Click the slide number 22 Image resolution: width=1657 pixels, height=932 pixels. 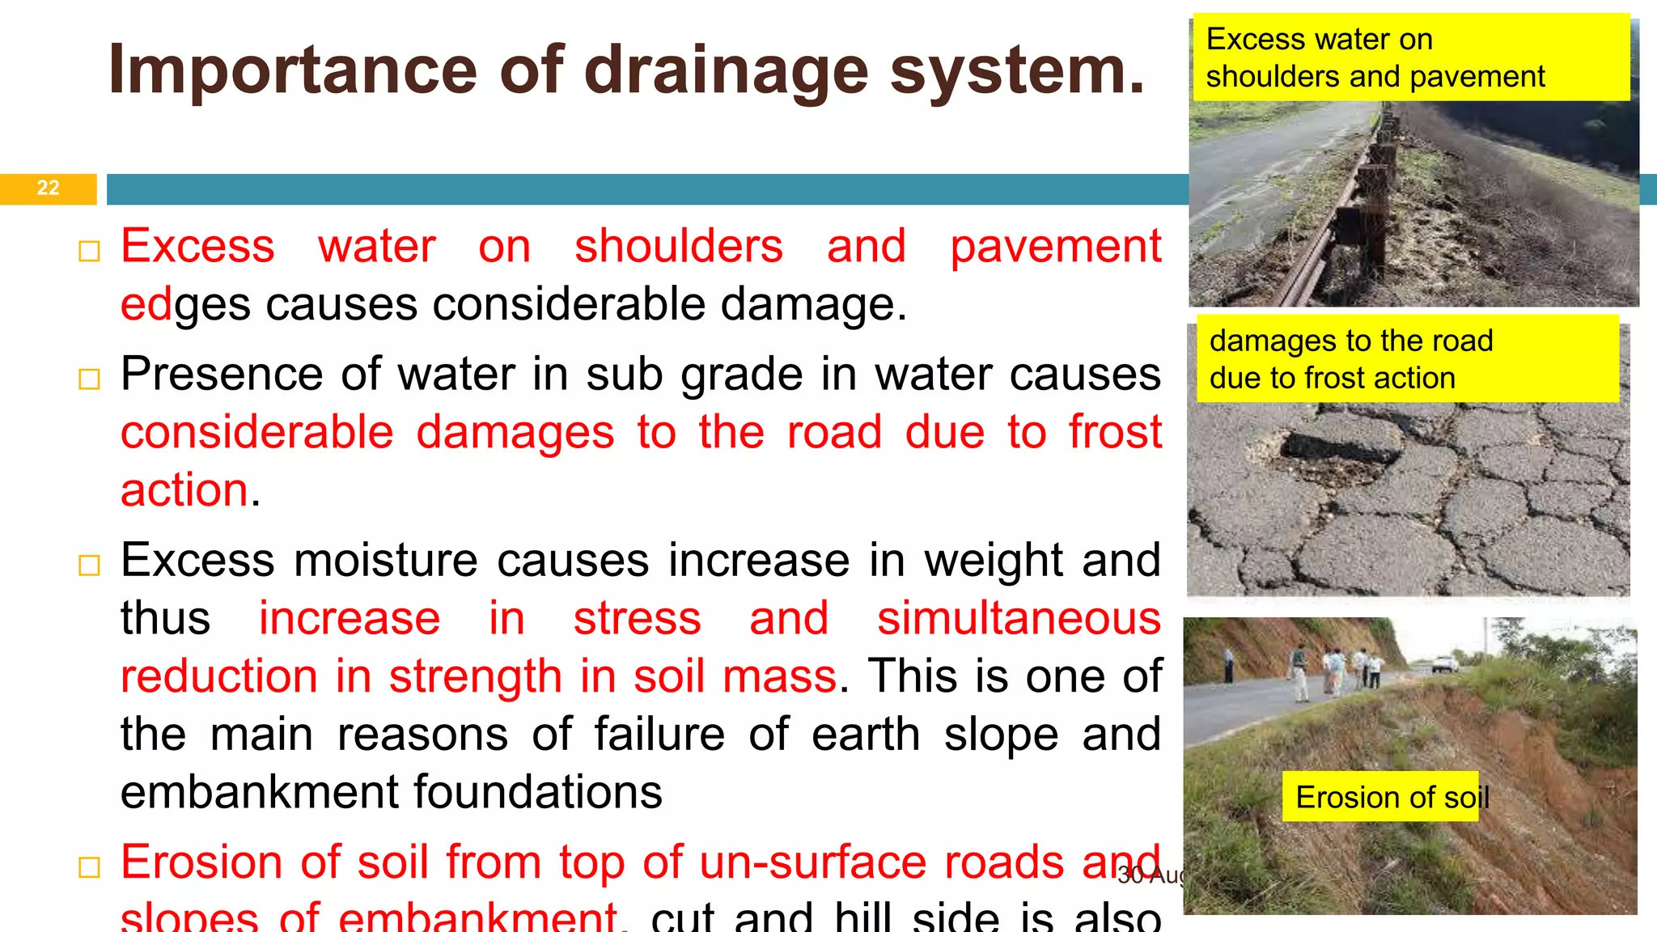[x=48, y=188]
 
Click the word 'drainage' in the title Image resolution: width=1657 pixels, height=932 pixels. [x=726, y=71]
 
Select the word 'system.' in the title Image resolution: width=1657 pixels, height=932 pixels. [x=1017, y=71]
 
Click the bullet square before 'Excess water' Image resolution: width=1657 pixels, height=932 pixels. [x=89, y=252]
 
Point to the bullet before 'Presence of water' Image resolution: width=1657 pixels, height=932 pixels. [x=89, y=379]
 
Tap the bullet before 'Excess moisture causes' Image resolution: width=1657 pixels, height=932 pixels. [x=89, y=565]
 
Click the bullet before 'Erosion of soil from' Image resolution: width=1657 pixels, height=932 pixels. [x=89, y=867]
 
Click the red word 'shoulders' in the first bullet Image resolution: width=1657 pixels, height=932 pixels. [x=678, y=246]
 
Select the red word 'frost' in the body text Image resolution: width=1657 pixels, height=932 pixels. [x=1115, y=432]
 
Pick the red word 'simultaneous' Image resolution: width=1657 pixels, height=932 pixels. [x=1019, y=618]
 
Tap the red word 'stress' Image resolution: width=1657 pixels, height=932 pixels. [x=637, y=618]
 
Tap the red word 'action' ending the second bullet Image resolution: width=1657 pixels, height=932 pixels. [x=184, y=490]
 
